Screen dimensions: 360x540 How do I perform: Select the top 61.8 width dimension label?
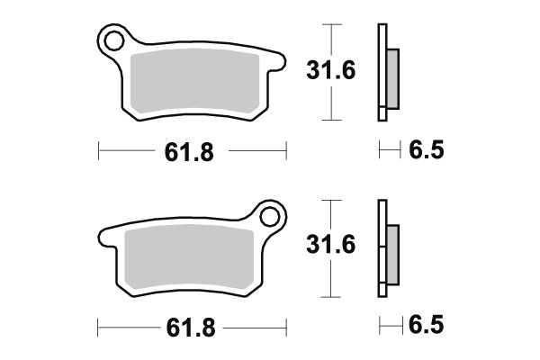(x=188, y=152)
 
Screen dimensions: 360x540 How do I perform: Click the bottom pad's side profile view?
(x=383, y=247)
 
